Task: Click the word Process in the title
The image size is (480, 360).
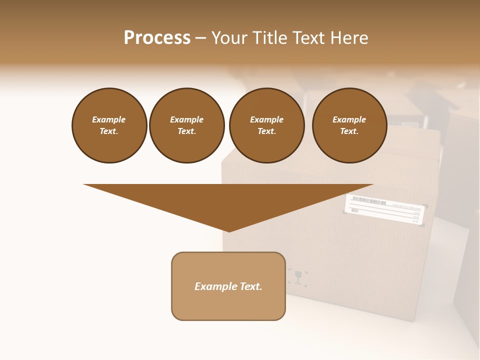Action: [157, 38]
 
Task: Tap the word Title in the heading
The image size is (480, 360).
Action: [269, 38]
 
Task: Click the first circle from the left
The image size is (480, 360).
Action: [109, 125]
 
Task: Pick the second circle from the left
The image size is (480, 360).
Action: [186, 125]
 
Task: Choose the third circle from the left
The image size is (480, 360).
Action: [266, 125]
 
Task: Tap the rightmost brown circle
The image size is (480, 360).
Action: [349, 125]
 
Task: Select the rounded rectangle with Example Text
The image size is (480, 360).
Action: [228, 286]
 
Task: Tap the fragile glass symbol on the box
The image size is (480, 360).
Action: [298, 276]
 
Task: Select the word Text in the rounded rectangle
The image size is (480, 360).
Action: [251, 286]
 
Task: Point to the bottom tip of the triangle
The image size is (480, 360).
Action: [229, 230]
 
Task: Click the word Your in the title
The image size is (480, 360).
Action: [228, 38]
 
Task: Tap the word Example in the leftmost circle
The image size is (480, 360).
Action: [109, 119]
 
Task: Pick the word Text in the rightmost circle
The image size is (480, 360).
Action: [349, 131]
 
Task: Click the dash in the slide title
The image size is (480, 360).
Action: [200, 38]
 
